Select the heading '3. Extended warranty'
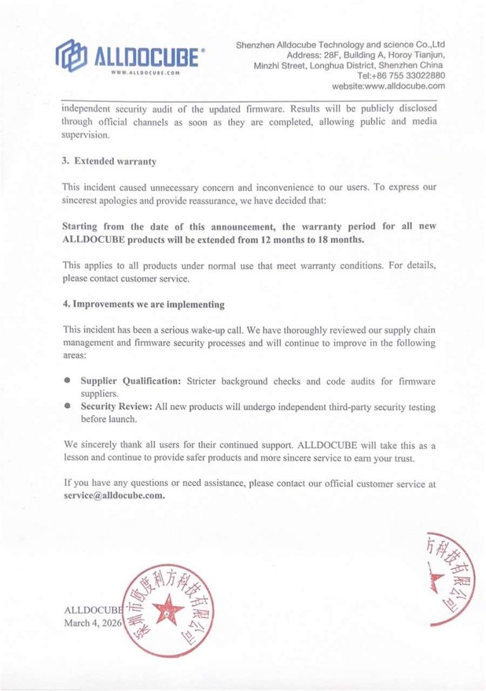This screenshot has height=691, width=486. coord(109,161)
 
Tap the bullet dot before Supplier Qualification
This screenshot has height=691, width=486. coord(66,382)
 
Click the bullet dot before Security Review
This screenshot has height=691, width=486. coord(66,407)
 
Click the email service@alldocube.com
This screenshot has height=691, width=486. coord(115,495)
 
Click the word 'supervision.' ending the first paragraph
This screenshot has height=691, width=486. coord(86,135)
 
